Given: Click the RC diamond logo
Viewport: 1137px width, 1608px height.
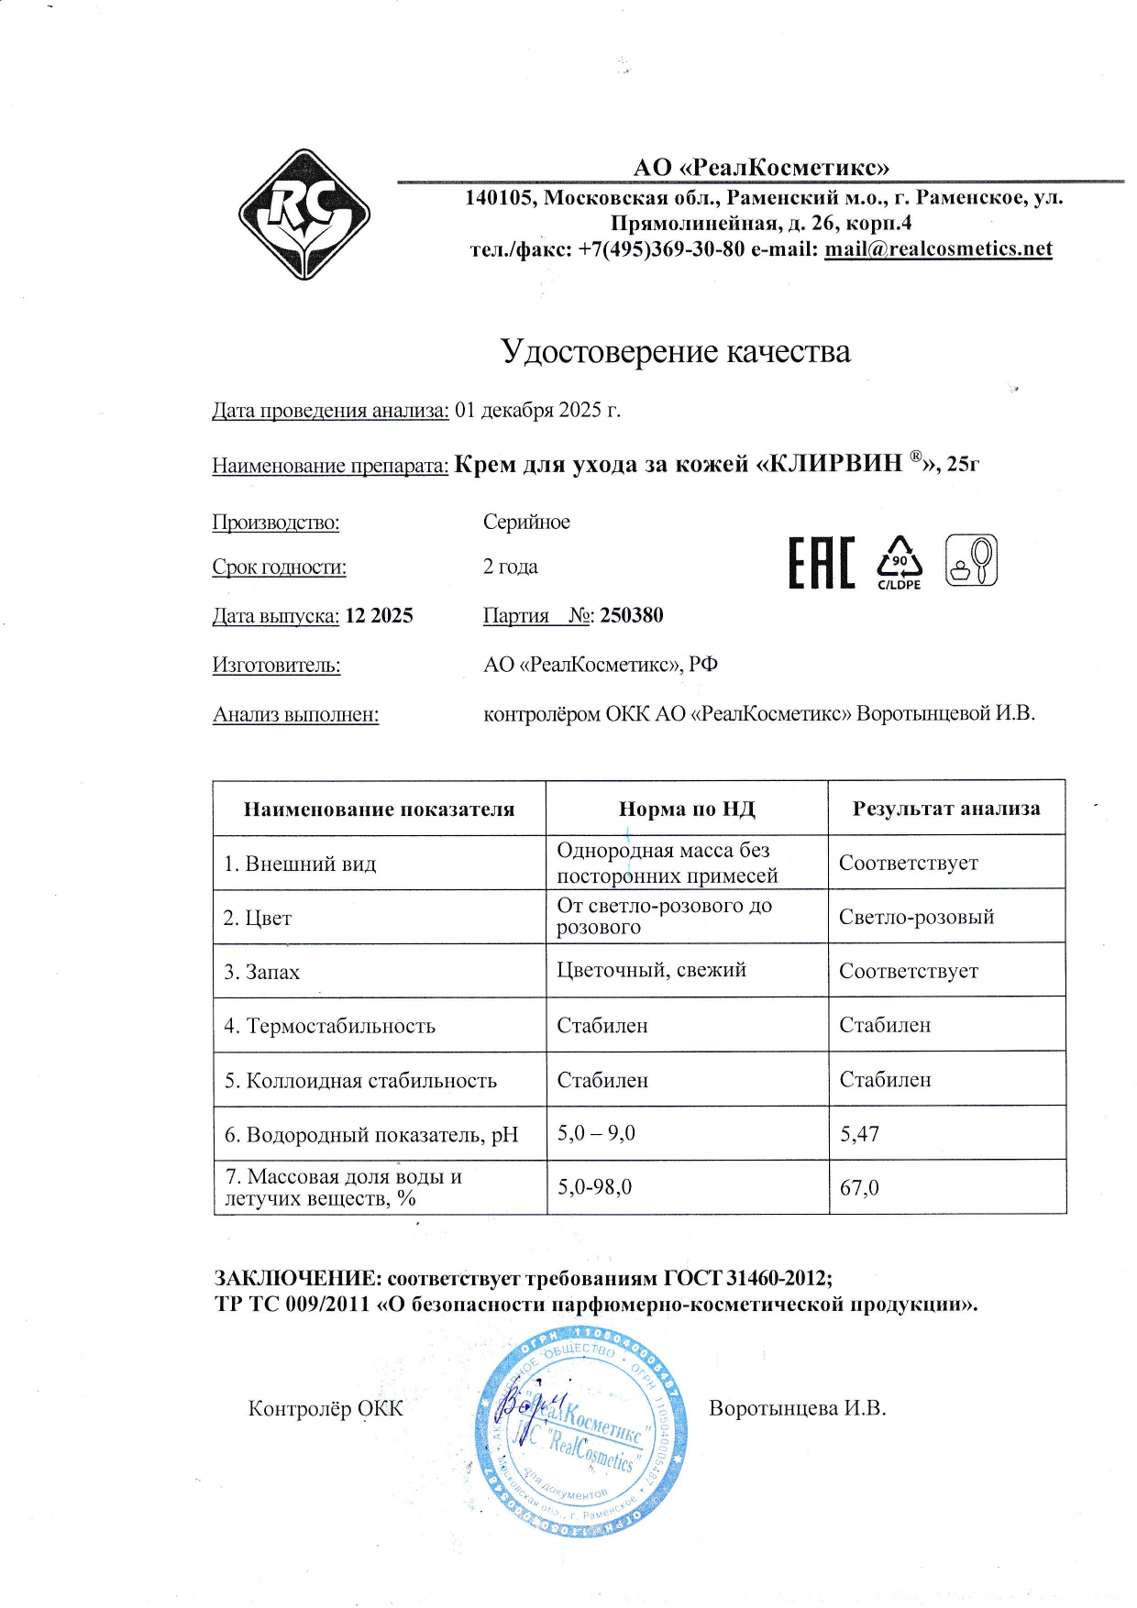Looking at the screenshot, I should point(304,215).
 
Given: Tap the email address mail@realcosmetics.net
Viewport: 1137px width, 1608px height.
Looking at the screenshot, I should point(938,249).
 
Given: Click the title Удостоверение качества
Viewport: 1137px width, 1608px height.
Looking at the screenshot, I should point(675,351).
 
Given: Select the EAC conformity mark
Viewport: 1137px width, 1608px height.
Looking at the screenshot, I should point(822,563).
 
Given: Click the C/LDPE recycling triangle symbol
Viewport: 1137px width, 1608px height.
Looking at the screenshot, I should point(900,560).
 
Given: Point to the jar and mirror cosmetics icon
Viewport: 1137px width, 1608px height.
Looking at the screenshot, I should point(971,560).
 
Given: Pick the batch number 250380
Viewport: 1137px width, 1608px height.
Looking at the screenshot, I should point(632,615).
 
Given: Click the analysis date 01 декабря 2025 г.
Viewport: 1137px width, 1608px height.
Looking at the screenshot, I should point(537,410).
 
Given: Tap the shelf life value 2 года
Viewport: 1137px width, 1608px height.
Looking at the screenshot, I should point(511,567).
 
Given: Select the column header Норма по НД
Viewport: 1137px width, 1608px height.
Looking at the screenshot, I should point(687,809).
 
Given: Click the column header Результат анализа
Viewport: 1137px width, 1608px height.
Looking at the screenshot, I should point(946,809).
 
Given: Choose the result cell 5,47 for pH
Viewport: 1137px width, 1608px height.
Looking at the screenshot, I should point(860,1134).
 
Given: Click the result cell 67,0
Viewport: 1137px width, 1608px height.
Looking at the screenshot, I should point(860,1188).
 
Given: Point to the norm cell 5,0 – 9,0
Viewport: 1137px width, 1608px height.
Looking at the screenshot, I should point(596,1133).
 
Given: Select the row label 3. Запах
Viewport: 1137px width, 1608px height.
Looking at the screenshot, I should point(262,972).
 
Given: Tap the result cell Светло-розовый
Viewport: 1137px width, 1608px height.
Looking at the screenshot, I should point(916,917).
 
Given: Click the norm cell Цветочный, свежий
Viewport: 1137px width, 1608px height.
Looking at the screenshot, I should point(651,970).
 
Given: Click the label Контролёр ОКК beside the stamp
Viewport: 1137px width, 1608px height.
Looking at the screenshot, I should point(326,1408).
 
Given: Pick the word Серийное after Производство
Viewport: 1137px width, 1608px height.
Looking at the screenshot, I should point(526,522).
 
